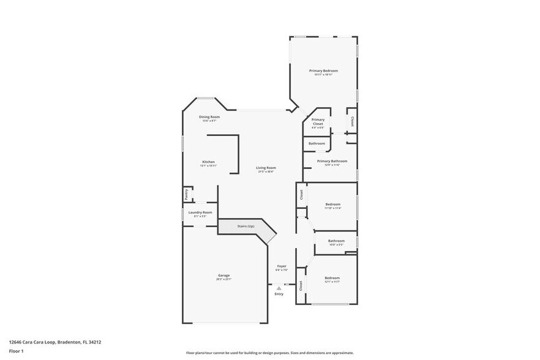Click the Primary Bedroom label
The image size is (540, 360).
pyautogui.click(x=323, y=71)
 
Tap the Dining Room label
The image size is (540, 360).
pyautogui.click(x=209, y=117)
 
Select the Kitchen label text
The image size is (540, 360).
pyautogui.click(x=209, y=162)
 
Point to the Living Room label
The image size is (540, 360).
pyautogui.click(x=266, y=168)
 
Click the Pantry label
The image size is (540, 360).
pyautogui.click(x=186, y=194)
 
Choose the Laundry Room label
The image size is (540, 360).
pyautogui.click(x=200, y=212)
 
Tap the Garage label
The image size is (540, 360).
pyautogui.click(x=224, y=276)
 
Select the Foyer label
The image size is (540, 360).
pyautogui.click(x=282, y=266)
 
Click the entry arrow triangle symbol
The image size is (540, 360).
pyautogui.click(x=279, y=288)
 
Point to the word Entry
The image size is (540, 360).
pyautogui.click(x=279, y=294)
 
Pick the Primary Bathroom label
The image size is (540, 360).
pyautogui.click(x=332, y=161)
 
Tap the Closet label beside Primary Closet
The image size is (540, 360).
pyautogui.click(x=352, y=121)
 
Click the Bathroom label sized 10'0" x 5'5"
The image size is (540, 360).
pyautogui.click(x=336, y=241)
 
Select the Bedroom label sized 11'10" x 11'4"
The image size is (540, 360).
pyautogui.click(x=333, y=204)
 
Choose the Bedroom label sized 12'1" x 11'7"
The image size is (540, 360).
pyautogui.click(x=332, y=278)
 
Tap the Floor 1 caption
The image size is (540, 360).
pyautogui.click(x=16, y=351)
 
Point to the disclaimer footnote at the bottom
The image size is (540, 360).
pyautogui.click(x=270, y=353)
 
